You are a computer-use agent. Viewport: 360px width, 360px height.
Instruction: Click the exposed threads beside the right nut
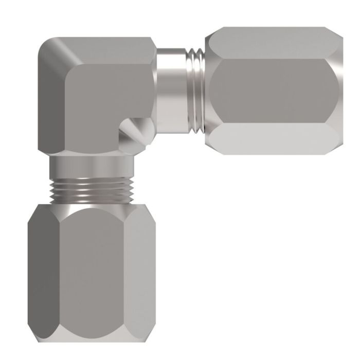tap(196, 89)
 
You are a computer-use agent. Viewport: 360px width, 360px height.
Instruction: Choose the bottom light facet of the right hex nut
tap(273, 136)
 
